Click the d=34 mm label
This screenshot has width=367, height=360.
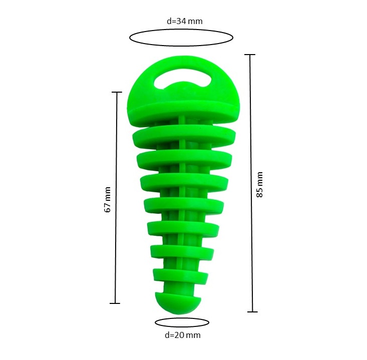pyautogui.click(x=184, y=22)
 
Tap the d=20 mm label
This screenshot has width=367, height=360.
pyautogui.click(x=183, y=335)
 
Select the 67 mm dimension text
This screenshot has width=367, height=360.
pyautogui.click(x=107, y=199)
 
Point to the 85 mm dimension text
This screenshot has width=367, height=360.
pyautogui.click(x=259, y=184)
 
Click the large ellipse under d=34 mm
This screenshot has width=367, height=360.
pyautogui.click(x=181, y=30)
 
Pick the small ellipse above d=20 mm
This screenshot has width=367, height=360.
pyautogui.click(x=182, y=318)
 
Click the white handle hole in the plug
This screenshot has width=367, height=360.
pyautogui.click(x=183, y=80)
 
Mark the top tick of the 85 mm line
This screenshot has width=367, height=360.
pyautogui.click(x=250, y=55)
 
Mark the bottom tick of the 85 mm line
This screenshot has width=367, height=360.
pyautogui.click(x=252, y=312)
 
